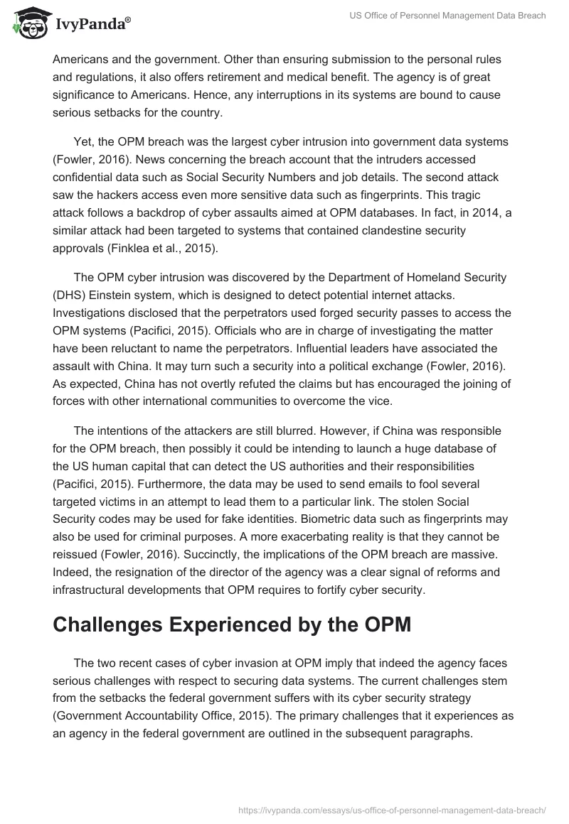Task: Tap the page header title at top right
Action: [447, 16]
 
